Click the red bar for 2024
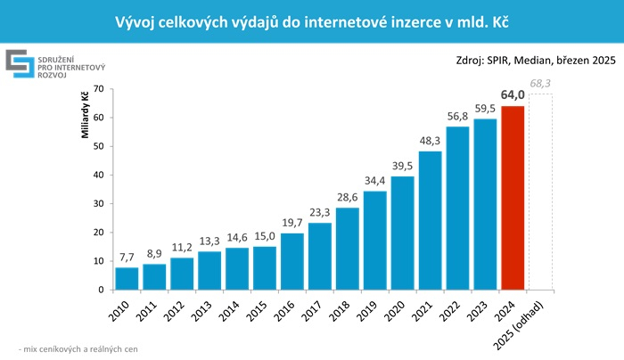click(513, 198)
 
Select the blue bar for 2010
click(127, 278)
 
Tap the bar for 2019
click(375, 240)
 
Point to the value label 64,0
click(513, 95)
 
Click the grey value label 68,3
click(540, 84)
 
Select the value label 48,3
click(430, 141)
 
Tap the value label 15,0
click(265, 236)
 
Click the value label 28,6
click(348, 197)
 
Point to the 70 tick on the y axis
click(99, 89)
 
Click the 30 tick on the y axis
click(99, 203)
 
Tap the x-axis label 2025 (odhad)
click(535, 322)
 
